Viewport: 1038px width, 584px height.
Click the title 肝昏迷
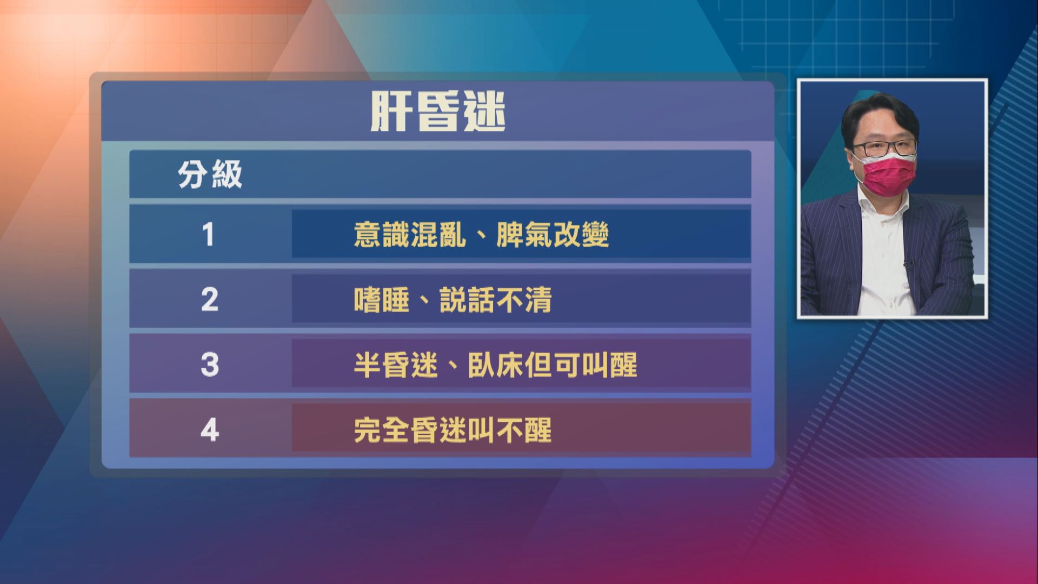click(x=438, y=112)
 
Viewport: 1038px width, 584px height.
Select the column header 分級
click(x=210, y=175)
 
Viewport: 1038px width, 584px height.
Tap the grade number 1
click(x=209, y=235)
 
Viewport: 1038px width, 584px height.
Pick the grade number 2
click(x=209, y=300)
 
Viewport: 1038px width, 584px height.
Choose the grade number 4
click(x=209, y=430)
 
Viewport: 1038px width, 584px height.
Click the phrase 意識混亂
click(x=410, y=235)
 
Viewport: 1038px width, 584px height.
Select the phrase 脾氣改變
click(x=553, y=235)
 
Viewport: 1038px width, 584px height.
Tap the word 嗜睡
click(x=381, y=300)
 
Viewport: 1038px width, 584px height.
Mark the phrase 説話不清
click(x=495, y=300)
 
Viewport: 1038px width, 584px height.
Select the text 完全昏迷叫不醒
click(x=453, y=430)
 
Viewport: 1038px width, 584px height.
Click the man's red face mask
click(x=886, y=176)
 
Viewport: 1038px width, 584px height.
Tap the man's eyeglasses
click(x=884, y=148)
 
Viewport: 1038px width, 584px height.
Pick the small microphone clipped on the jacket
click(x=908, y=264)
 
